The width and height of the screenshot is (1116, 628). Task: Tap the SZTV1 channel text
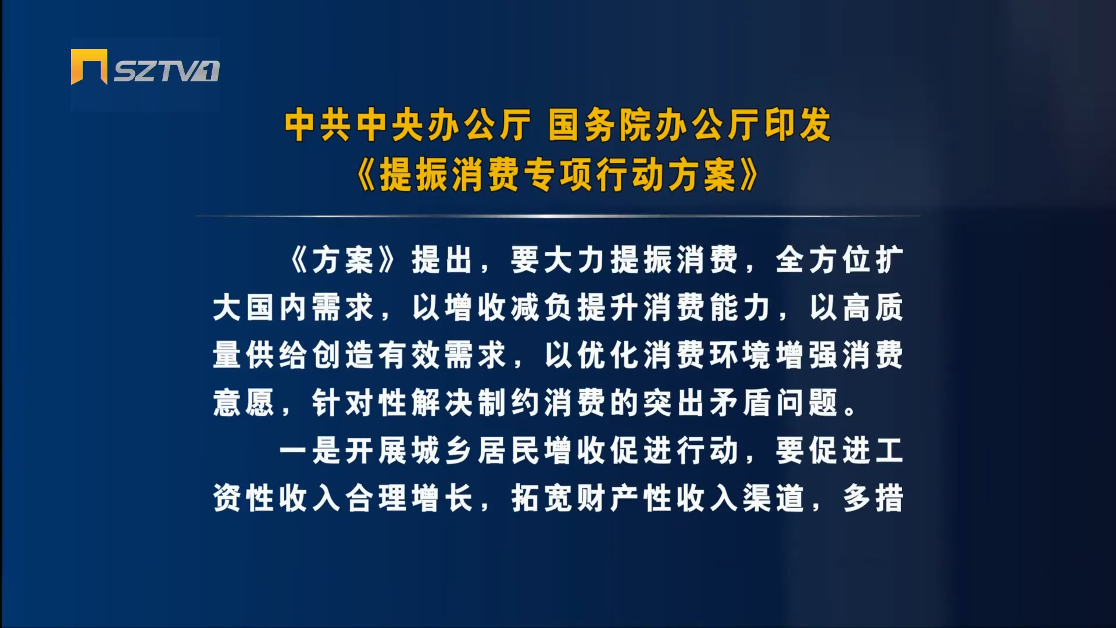[x=166, y=72]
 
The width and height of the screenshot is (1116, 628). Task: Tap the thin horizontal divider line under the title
[x=558, y=216]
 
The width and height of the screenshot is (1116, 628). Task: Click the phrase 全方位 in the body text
[x=825, y=260]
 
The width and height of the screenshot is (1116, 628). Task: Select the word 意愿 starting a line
[x=244, y=403]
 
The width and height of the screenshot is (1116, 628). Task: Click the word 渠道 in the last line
[x=774, y=498]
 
